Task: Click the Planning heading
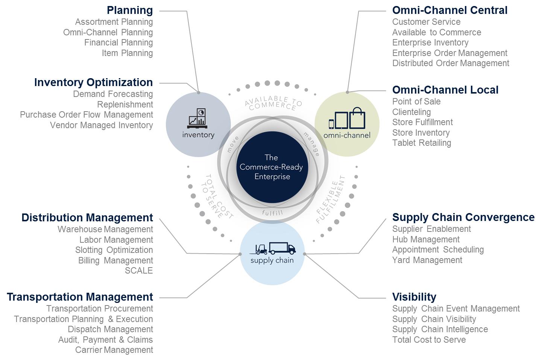[130, 10]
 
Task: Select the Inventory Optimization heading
[93, 82]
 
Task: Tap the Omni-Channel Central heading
[450, 10]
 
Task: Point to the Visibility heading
[414, 297]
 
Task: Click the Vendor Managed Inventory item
[102, 125]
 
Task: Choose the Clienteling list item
[411, 112]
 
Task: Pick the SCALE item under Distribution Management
[139, 271]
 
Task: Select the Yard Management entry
[427, 260]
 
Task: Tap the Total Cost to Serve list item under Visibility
[429, 340]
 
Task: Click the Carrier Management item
[114, 350]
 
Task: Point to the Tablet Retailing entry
[422, 143]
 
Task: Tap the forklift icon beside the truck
[261, 249]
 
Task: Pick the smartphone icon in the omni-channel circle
[331, 124]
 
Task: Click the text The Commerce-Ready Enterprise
[272, 167]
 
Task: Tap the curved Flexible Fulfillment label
[330, 200]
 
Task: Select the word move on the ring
[232, 145]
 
